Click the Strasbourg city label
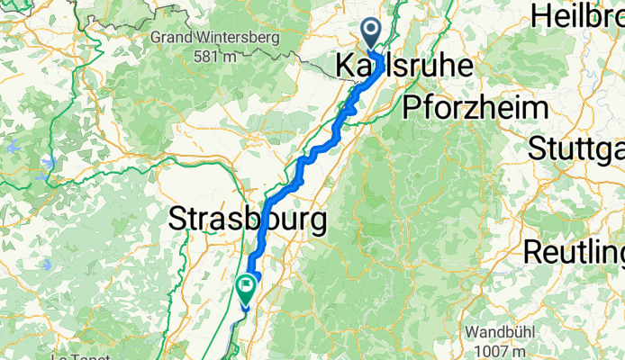coord(248,219)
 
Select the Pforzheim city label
coord(476,108)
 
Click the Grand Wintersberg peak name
coord(215,38)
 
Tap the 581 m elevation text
coord(215,56)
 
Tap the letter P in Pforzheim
coord(412,108)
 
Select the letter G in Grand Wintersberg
coord(158,38)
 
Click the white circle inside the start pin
coord(372,31)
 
